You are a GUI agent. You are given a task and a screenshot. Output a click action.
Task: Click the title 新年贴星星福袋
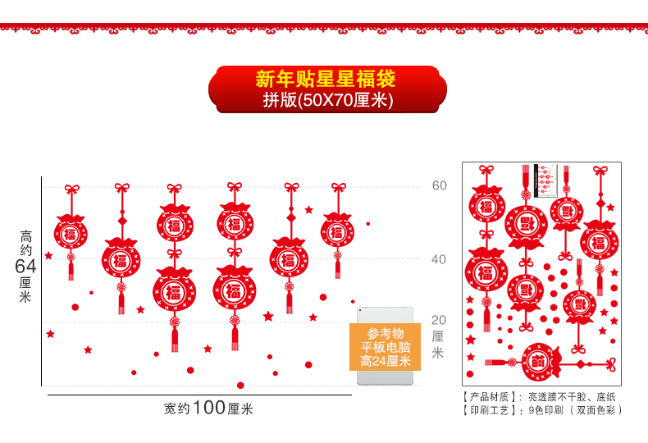pos(326,80)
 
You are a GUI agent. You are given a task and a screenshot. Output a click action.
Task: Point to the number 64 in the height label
pos(25,267)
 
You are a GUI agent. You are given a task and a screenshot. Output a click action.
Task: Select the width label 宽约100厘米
pos(208,408)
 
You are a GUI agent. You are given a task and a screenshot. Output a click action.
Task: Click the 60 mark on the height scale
pos(440,186)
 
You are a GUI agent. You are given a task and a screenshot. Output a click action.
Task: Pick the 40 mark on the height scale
pos(440,259)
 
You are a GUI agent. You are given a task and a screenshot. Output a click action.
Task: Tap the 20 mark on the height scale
pos(439,320)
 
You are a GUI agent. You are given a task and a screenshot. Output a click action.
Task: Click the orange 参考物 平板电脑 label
pos(385,347)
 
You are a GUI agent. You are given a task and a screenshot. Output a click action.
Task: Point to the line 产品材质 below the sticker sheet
pos(538,396)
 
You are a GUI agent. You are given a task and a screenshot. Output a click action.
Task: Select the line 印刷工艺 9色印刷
pos(542,409)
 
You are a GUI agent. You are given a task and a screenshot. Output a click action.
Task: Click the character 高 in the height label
pos(25,237)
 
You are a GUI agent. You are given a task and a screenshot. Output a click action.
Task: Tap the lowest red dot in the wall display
pos(240,385)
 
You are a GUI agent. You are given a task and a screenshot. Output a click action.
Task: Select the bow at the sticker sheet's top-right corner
pos(600,171)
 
